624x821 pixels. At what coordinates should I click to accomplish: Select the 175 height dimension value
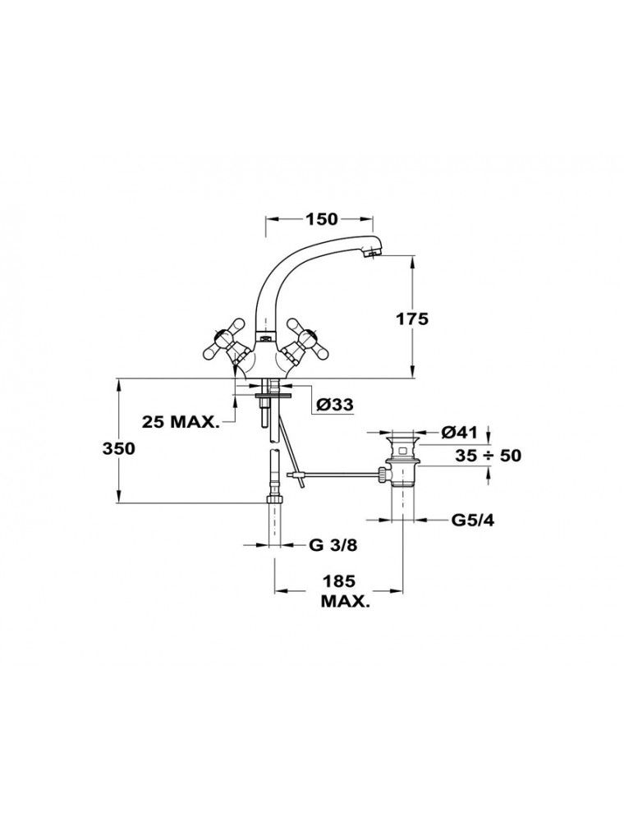coord(411,319)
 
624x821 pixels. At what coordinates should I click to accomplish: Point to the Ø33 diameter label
coord(336,404)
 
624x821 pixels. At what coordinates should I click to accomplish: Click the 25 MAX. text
coord(180,421)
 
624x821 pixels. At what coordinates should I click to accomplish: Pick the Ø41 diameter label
coord(459,432)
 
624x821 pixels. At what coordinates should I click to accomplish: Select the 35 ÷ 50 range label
coord(488,456)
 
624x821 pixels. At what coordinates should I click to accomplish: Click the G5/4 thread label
coord(473,521)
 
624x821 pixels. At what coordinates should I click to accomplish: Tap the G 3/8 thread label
coord(333,545)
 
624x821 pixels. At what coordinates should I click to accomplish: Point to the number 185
coord(339,581)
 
